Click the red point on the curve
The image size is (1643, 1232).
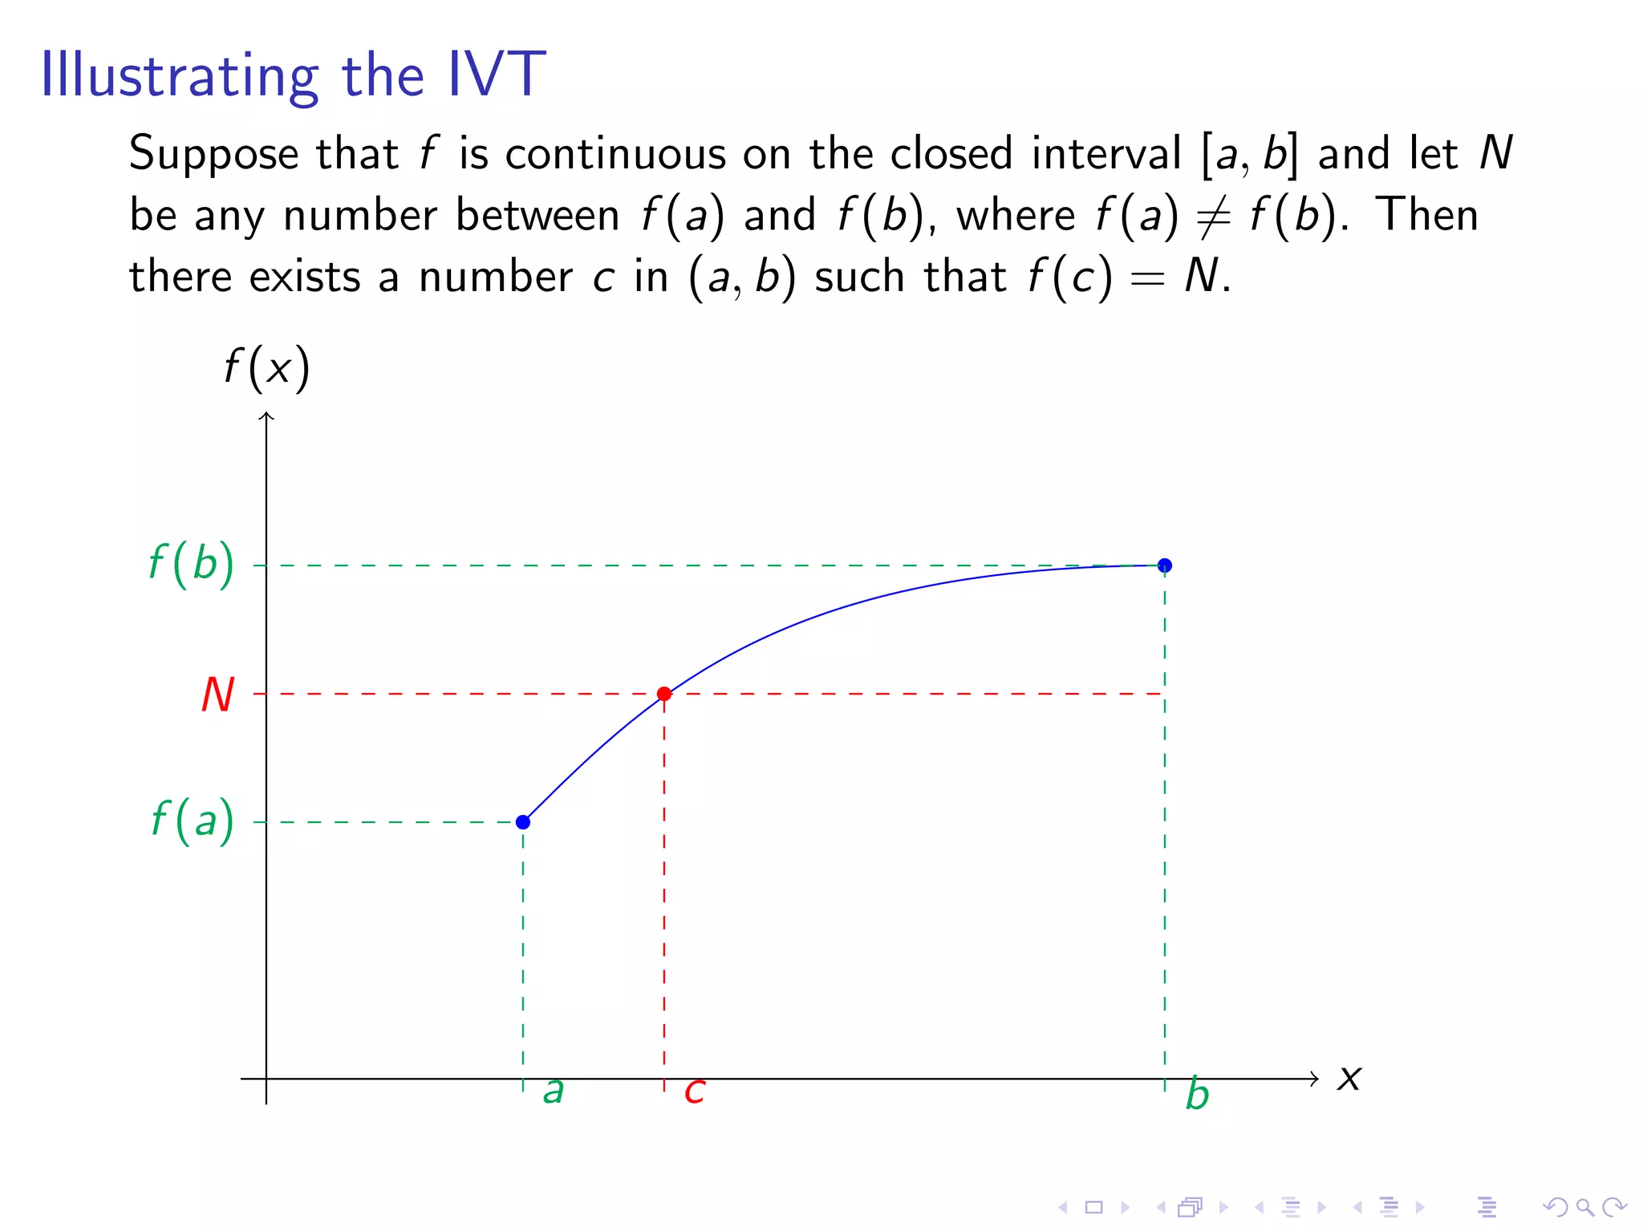tap(664, 694)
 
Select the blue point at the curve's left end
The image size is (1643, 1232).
tap(523, 822)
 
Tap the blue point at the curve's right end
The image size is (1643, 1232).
tap(1165, 565)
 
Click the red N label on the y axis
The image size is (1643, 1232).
tap(217, 695)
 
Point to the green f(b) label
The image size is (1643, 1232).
tap(192, 564)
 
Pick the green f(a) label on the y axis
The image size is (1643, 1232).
tap(193, 821)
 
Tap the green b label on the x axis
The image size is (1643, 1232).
tap(1197, 1094)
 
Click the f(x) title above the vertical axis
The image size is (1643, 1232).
tap(266, 368)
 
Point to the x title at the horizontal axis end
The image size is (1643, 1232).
tap(1349, 1079)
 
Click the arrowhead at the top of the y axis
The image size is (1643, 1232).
tap(266, 415)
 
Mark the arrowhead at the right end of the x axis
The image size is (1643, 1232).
tap(1314, 1079)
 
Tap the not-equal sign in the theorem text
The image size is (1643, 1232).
tap(1214, 217)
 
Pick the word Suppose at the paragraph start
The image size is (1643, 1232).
tap(213, 155)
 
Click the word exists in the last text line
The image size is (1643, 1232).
tap(305, 277)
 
